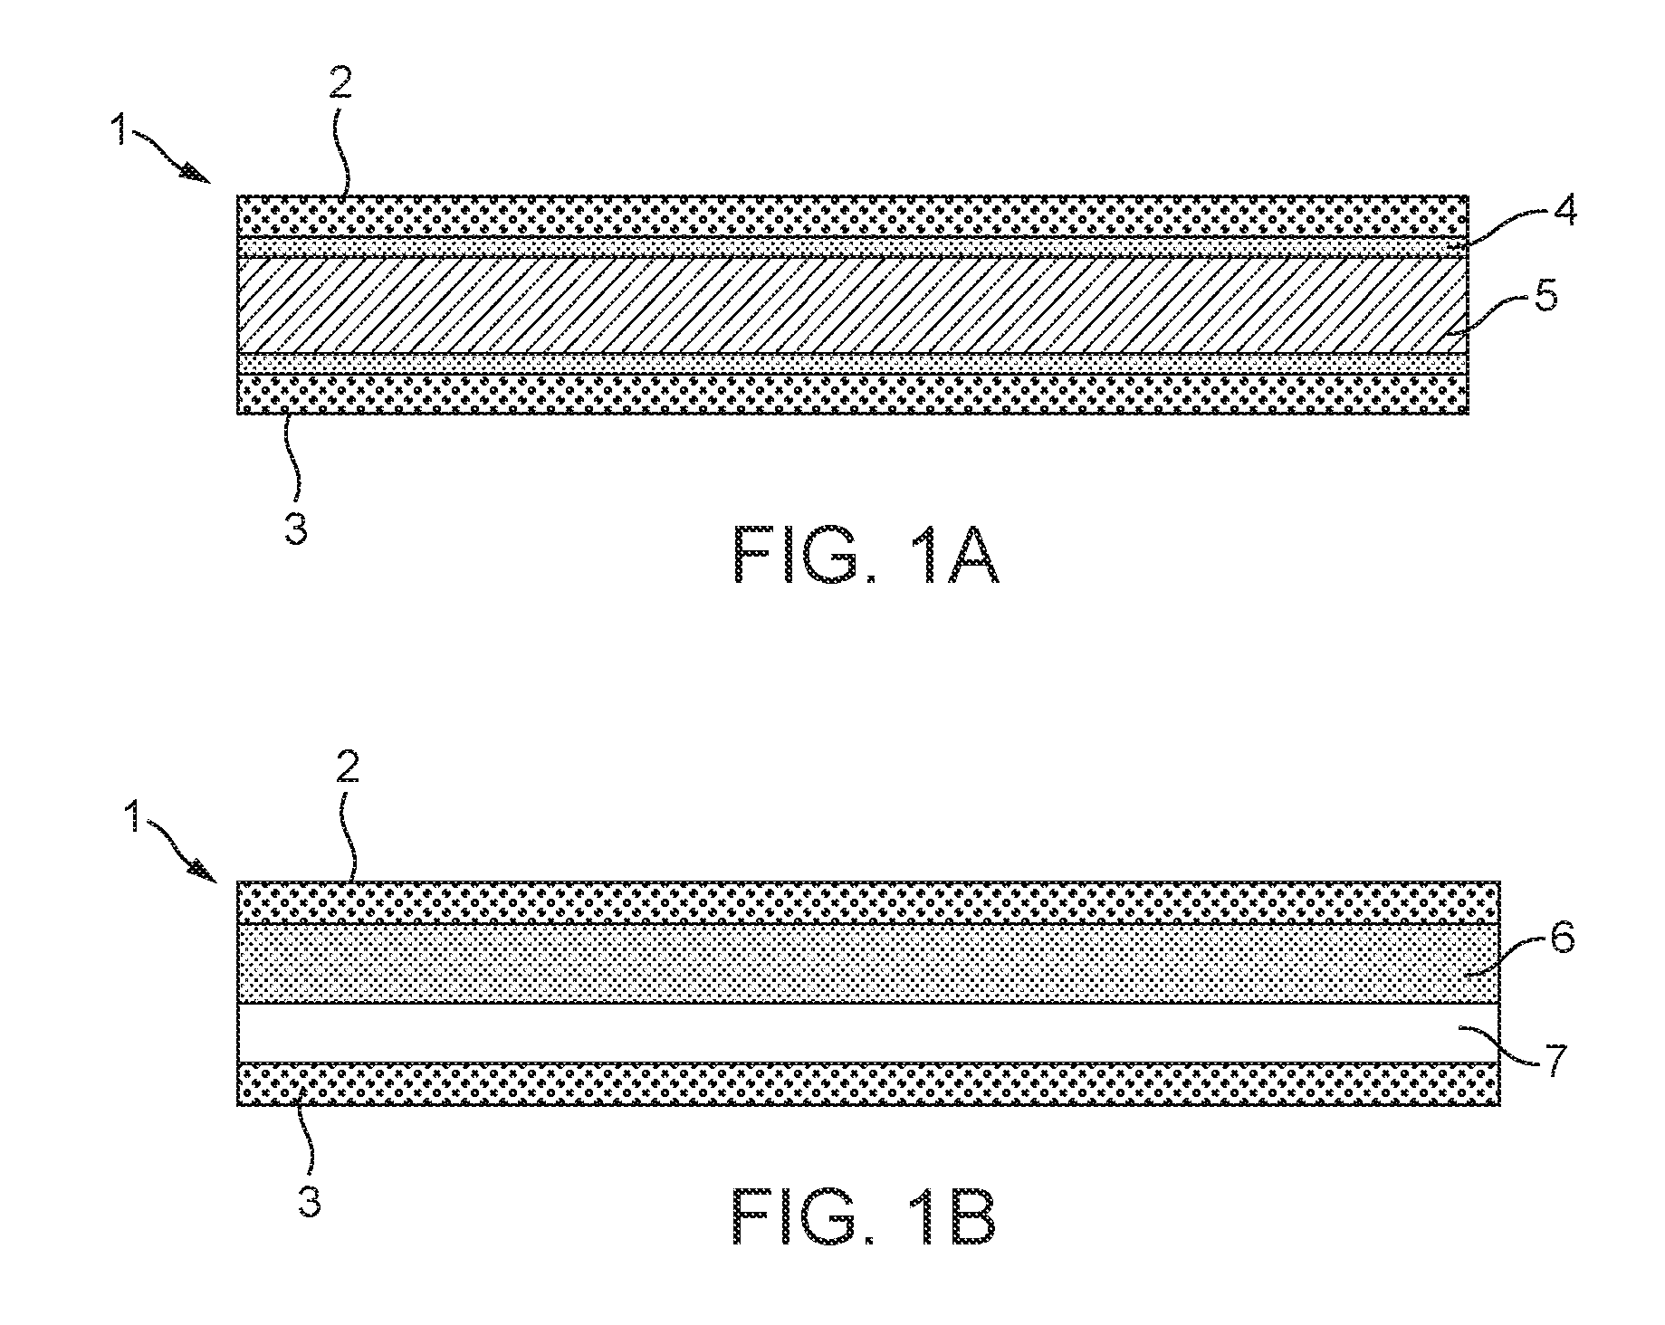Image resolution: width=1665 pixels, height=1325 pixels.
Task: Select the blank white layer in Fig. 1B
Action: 869,1033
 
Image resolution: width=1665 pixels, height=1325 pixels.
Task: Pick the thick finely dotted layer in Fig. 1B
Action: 869,963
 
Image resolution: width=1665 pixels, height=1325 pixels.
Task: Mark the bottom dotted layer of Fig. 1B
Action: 869,1084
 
